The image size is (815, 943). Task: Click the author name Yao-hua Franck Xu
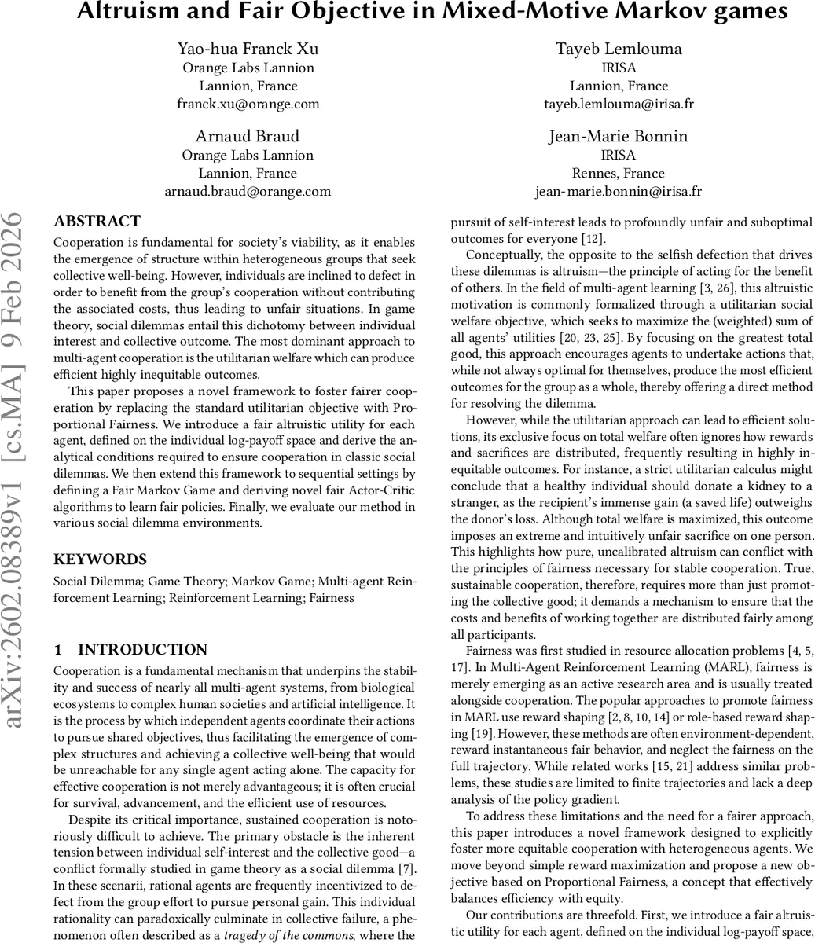tap(248, 49)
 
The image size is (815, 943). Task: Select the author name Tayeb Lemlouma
tap(618, 49)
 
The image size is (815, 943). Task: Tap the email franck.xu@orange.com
tap(248, 104)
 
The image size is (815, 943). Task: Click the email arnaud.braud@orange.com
tap(248, 191)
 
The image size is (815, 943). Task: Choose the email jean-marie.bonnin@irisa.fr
tap(618, 191)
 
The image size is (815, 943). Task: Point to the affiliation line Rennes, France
tap(618, 173)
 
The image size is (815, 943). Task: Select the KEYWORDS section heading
tap(100, 560)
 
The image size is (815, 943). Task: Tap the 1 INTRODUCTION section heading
tap(130, 650)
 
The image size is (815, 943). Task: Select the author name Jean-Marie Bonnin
tap(618, 136)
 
